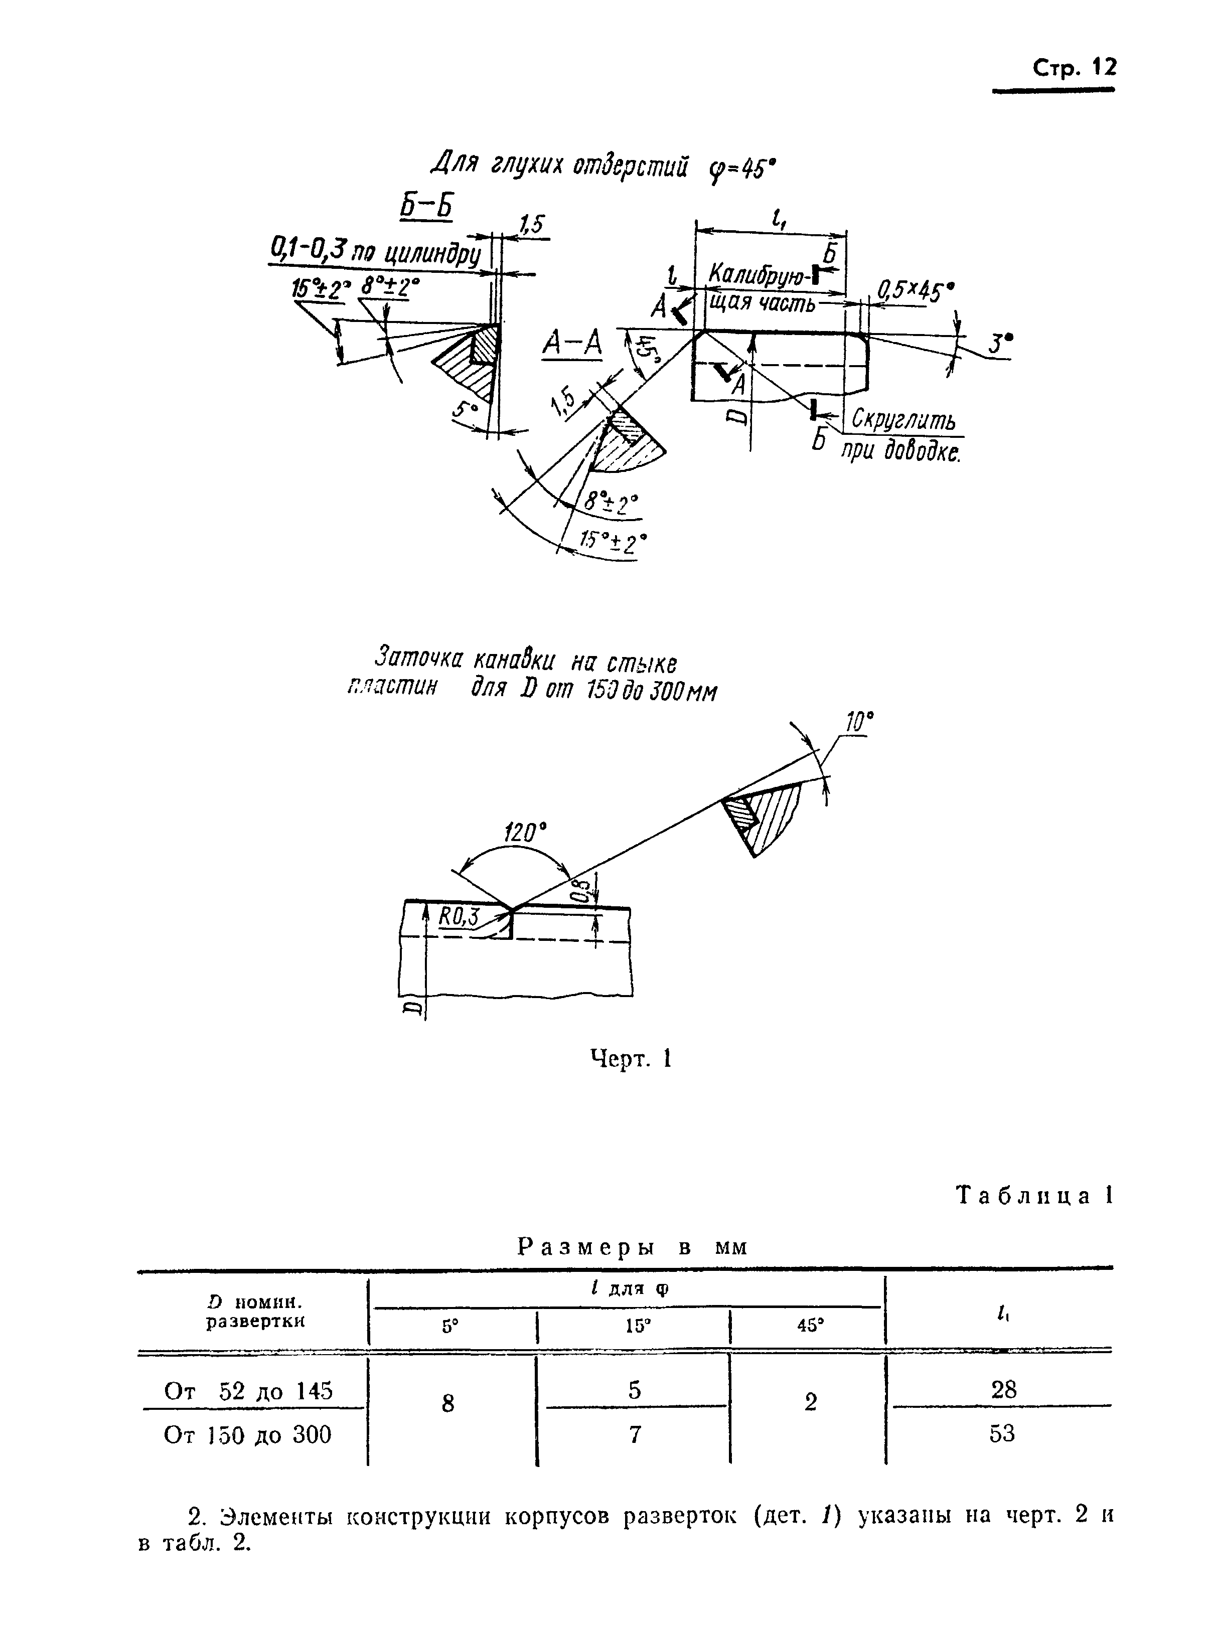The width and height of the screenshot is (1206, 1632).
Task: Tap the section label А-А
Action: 572,344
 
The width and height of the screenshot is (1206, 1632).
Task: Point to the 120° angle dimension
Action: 526,833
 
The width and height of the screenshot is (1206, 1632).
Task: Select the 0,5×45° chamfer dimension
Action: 916,292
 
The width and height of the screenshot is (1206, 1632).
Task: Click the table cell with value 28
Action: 1003,1389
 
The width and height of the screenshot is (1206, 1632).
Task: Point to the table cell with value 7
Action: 635,1434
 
